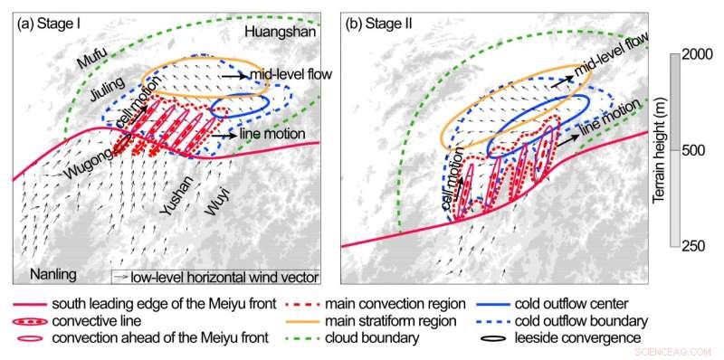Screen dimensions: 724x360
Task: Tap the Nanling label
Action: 47,273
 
